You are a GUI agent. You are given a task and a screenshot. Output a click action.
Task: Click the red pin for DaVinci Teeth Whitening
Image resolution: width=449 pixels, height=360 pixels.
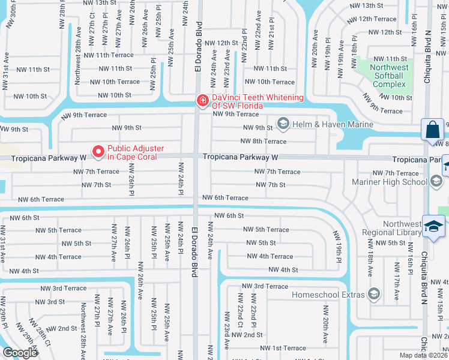(203, 100)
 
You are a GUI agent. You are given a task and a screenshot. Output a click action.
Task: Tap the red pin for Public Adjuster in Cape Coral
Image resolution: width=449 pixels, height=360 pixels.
(97, 151)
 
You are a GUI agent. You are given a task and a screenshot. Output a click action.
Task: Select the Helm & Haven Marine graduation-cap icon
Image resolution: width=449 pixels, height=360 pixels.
(282, 124)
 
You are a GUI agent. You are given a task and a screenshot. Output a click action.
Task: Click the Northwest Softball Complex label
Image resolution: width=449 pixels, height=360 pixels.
(390, 76)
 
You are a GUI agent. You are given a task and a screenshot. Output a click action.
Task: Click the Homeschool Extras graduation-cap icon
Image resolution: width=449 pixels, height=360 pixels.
(375, 294)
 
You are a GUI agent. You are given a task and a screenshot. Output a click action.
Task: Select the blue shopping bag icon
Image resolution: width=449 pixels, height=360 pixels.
(432, 130)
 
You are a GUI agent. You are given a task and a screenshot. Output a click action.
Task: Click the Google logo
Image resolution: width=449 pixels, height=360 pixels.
(19, 353)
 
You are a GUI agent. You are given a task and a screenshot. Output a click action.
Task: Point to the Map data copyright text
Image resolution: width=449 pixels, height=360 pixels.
(424, 355)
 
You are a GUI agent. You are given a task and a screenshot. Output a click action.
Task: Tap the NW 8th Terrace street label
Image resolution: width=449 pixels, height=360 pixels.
(264, 142)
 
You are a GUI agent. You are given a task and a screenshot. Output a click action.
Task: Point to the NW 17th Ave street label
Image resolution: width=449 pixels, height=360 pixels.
(396, 273)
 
